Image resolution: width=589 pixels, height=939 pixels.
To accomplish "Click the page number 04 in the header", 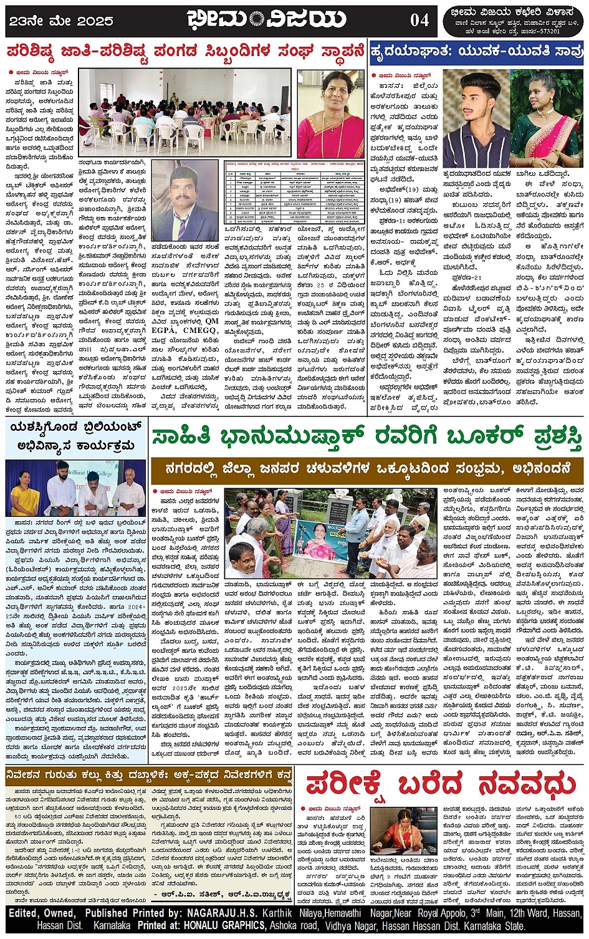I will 419,20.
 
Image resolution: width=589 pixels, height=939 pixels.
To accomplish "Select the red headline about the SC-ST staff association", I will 185,51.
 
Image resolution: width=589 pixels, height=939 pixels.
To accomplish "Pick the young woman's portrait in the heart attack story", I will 546,118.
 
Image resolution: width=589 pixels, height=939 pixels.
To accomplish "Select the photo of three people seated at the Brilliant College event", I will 75,488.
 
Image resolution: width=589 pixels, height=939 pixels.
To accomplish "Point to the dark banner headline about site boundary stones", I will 148,776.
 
